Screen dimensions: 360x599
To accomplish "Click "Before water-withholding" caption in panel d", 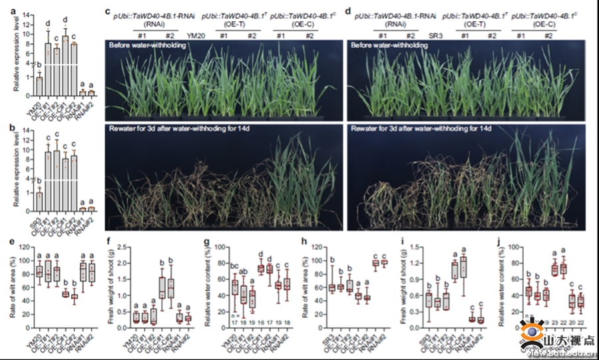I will (391, 45).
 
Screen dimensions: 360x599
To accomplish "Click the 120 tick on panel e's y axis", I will (25, 247).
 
